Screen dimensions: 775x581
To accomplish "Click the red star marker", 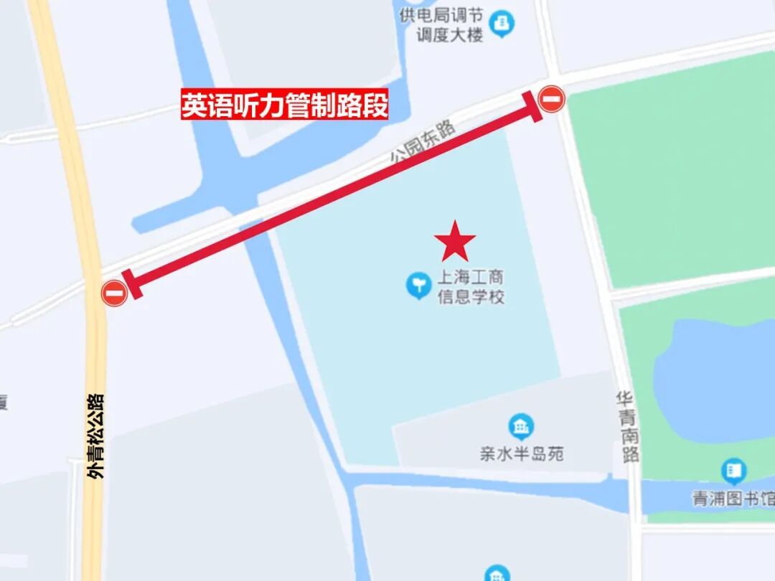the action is click(x=455, y=242).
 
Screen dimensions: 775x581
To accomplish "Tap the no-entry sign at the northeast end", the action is click(x=551, y=99).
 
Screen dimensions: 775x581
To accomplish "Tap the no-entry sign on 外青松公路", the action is click(x=114, y=293).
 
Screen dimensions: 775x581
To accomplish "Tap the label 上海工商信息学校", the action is click(x=471, y=287).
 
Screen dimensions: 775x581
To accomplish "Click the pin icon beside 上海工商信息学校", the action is click(x=418, y=285).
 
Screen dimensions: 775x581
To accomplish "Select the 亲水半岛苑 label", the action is click(x=522, y=454).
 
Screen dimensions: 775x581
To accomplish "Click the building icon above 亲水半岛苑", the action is click(x=521, y=427).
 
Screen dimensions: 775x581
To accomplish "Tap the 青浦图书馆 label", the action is click(x=733, y=499).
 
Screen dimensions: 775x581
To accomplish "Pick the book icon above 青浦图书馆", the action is click(x=733, y=471).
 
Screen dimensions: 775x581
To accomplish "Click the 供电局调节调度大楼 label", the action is click(x=443, y=25).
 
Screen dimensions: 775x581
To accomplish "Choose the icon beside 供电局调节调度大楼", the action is click(x=502, y=24).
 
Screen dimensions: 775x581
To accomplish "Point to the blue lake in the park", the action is click(x=718, y=380).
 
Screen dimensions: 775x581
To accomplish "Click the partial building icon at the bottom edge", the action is click(x=497, y=574).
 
